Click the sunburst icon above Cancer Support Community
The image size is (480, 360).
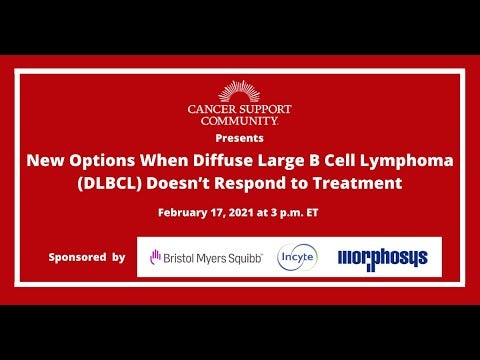(239, 91)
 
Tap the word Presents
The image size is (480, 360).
(239, 138)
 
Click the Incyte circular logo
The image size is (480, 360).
(297, 257)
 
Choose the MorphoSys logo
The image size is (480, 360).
(383, 259)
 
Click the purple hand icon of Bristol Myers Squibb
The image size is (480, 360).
(155, 257)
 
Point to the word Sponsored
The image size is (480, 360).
(77, 257)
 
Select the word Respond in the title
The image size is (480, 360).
(250, 184)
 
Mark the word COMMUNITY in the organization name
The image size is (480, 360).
(239, 121)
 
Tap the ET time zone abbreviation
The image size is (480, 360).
(312, 213)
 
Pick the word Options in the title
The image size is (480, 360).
(102, 161)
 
